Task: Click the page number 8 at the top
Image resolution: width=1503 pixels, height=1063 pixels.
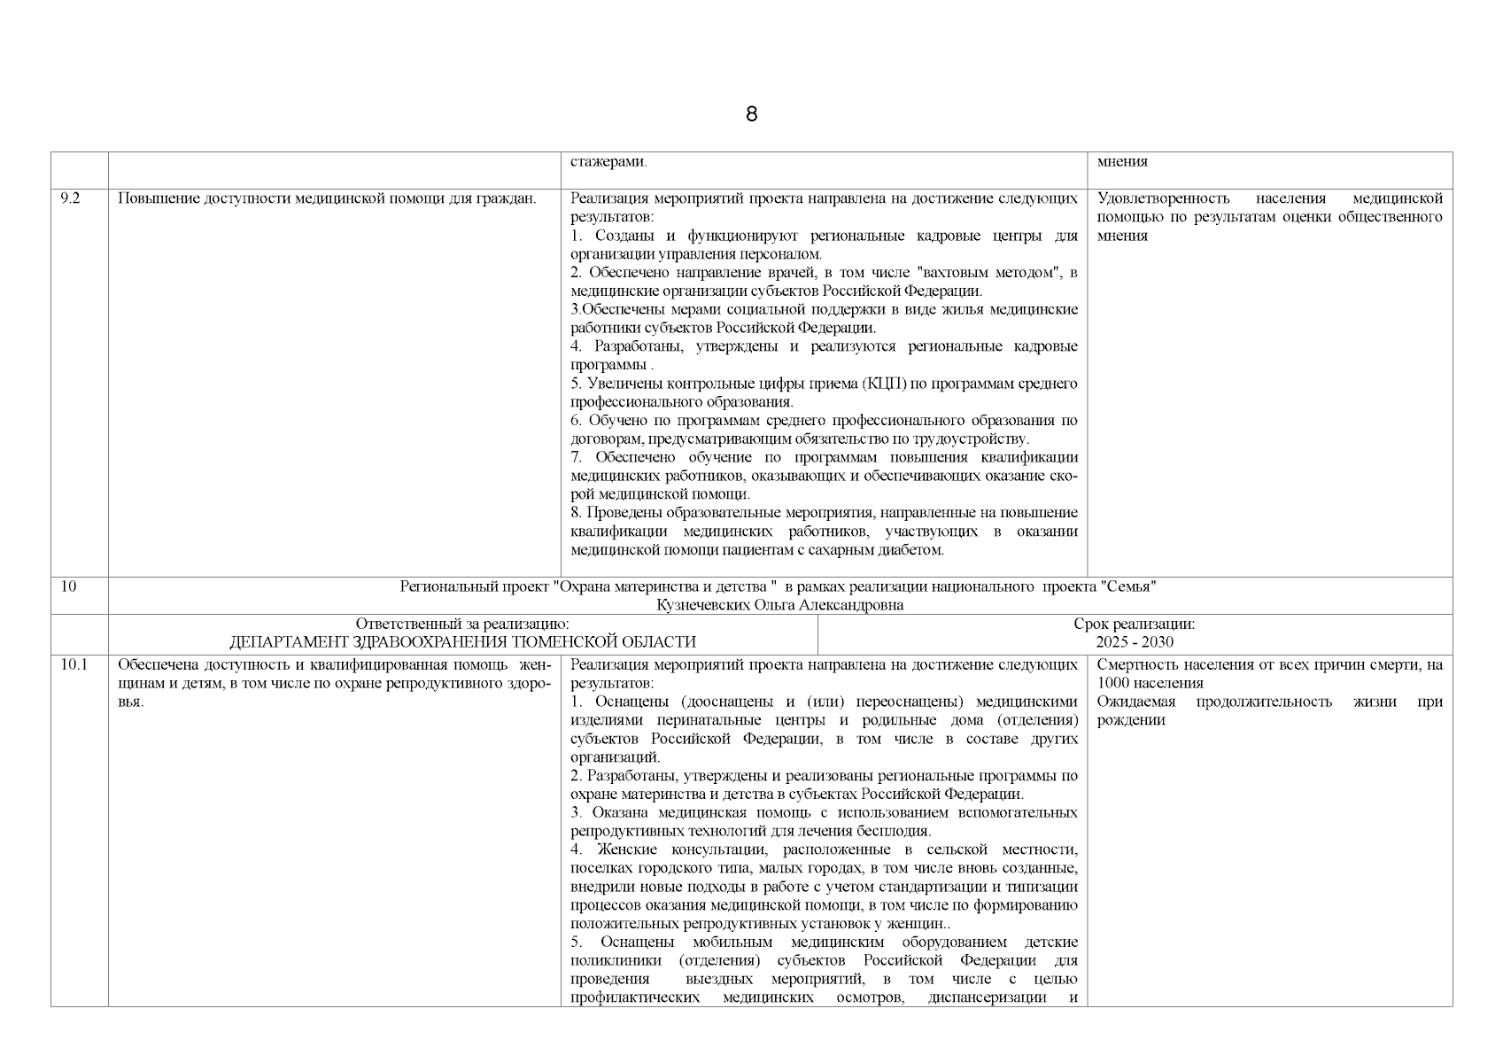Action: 751,114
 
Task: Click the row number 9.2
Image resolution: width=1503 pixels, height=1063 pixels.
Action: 70,198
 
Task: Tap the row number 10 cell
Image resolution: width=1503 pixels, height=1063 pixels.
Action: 69,586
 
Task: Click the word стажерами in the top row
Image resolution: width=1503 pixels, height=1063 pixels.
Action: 608,162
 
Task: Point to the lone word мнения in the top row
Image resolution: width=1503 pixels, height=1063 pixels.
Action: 1122,162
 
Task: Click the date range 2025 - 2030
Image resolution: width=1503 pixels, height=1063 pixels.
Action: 1134,642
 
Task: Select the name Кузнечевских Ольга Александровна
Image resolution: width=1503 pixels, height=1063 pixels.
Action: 779,605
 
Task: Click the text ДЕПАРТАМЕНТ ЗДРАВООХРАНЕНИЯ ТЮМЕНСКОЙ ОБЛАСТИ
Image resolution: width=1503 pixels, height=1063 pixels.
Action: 462,642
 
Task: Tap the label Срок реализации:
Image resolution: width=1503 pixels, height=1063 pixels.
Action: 1134,624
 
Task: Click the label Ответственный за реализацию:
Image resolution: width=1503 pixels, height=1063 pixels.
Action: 462,624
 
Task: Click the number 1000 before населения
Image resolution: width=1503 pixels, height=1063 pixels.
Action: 1113,683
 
